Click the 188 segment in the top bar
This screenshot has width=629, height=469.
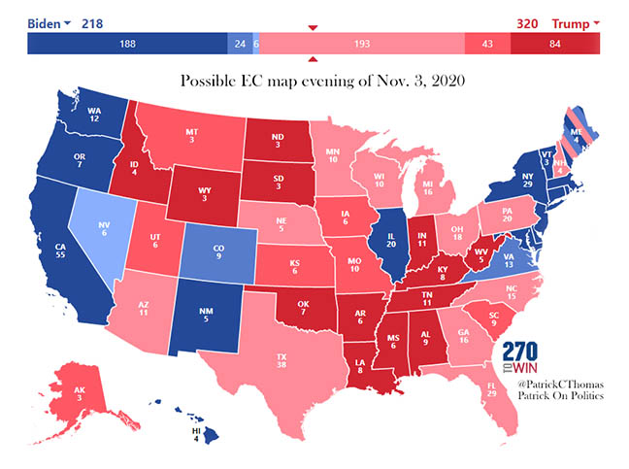127,44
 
